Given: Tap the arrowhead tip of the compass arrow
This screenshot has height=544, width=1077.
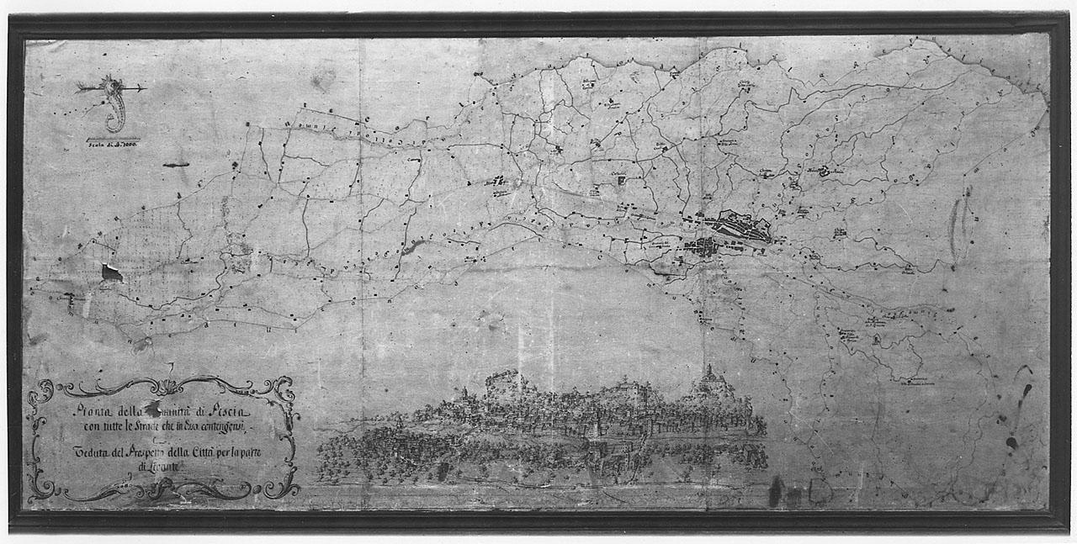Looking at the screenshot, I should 146,87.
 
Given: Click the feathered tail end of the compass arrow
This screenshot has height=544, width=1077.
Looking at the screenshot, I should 80,87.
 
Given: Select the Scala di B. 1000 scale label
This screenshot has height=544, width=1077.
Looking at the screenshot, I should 111,145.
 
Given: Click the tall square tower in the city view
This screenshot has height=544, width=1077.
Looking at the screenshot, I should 502,387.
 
